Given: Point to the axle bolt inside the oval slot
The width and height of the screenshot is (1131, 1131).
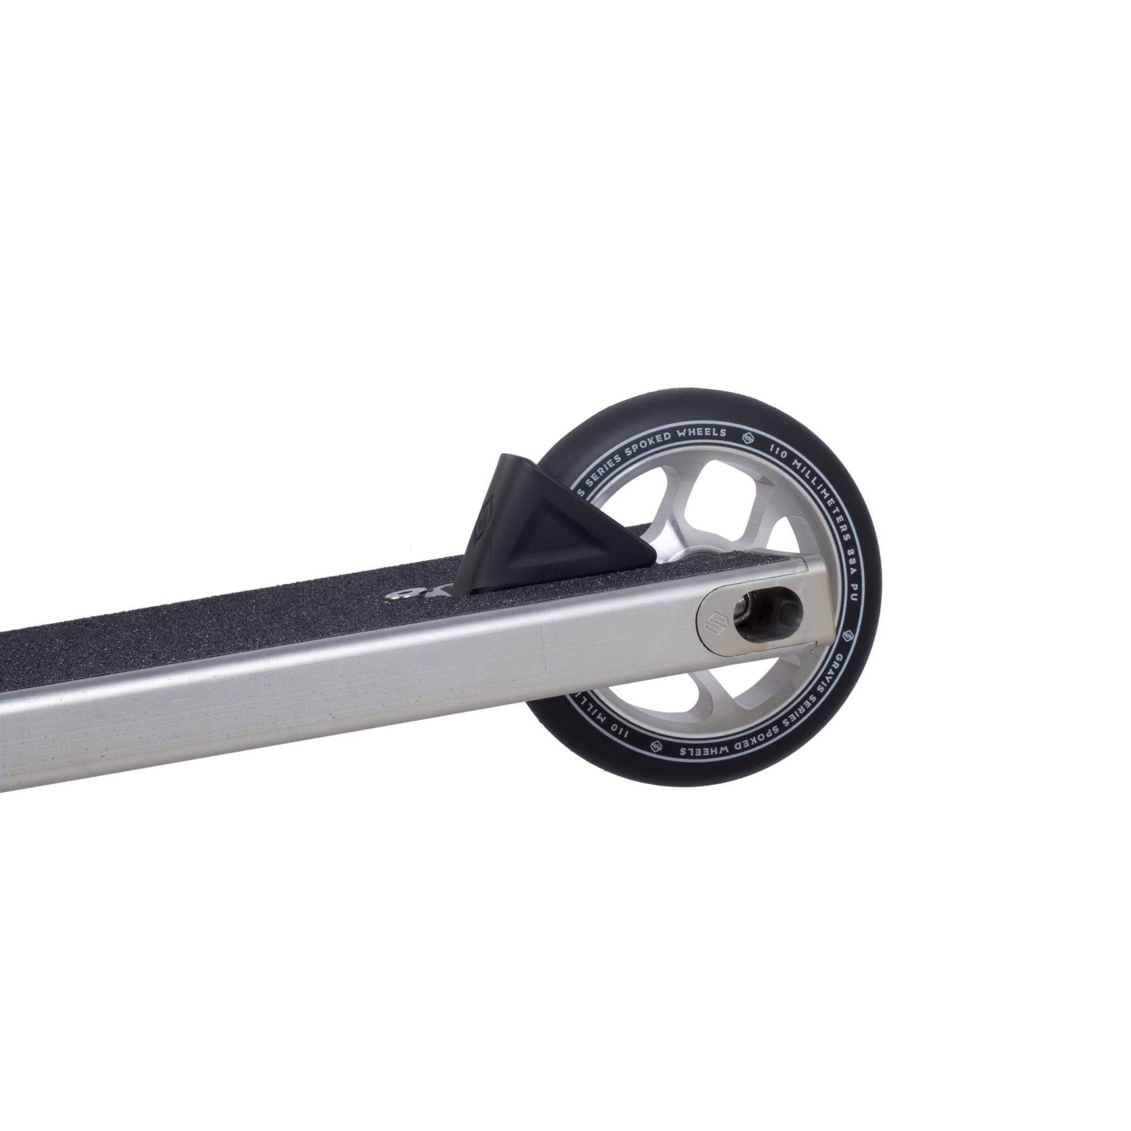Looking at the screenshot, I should [751, 617].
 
